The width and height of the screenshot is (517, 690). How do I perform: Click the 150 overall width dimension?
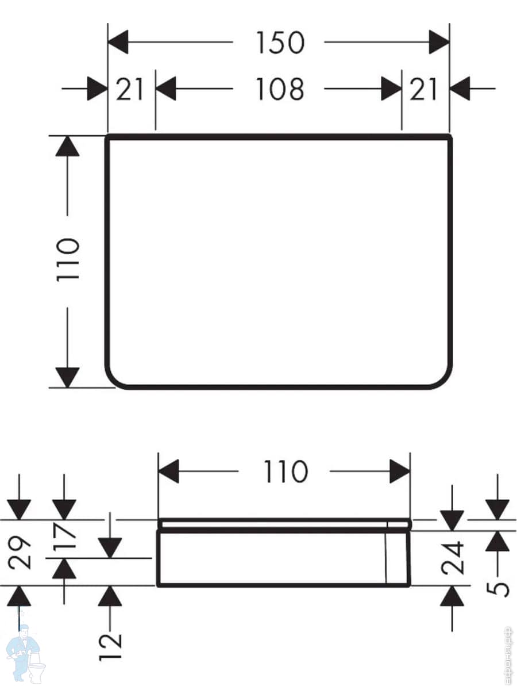coord(279,43)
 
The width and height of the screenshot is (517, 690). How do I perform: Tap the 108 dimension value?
coord(279,90)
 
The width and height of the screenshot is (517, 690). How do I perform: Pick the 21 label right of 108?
coord(423,90)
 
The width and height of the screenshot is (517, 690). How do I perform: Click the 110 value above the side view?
coord(285,471)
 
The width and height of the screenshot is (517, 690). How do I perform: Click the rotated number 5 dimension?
coord(499,588)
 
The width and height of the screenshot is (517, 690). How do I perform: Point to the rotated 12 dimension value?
coord(110,647)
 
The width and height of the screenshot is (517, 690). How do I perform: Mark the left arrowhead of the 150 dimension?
coord(118,43)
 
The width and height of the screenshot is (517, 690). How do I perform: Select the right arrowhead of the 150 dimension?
coord(439,43)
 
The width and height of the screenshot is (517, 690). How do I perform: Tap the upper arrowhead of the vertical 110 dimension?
coord(67,147)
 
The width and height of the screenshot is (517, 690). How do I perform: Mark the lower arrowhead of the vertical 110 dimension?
coord(67,377)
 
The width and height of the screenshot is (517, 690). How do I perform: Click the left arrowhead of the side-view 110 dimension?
coord(169,471)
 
